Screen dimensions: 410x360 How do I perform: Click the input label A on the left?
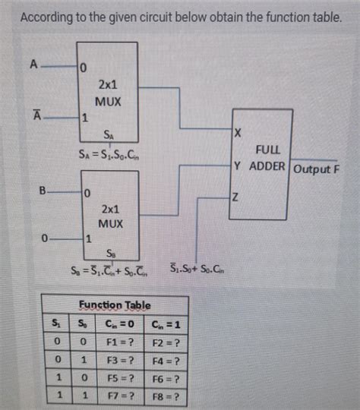point(33,65)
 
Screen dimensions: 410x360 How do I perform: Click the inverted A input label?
point(34,115)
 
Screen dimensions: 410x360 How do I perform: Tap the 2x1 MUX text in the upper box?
point(107,94)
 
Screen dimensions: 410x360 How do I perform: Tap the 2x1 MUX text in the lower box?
point(110,216)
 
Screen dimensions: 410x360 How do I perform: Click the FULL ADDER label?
point(269,159)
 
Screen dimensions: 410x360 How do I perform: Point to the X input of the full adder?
point(238,134)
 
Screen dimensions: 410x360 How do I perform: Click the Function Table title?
point(115,304)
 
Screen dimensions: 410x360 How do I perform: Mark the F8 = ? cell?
point(165,397)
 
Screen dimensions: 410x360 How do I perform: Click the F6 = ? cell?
point(165,379)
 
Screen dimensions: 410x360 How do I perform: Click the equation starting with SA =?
point(108,155)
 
